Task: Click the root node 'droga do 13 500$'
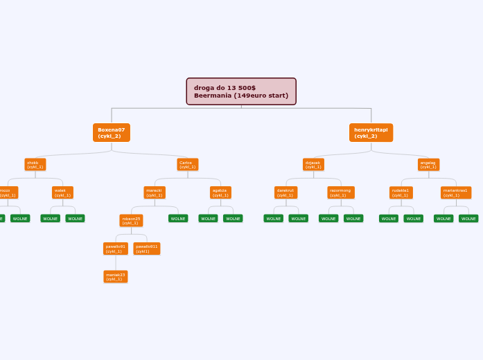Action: click(x=241, y=91)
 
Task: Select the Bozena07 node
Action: click(x=112, y=132)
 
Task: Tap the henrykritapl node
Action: click(x=371, y=132)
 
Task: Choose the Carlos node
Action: click(x=187, y=165)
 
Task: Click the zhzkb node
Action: click(x=35, y=165)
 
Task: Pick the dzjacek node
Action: click(x=313, y=165)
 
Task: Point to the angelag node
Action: click(x=428, y=165)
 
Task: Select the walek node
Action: click(x=62, y=192)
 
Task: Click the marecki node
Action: click(x=155, y=192)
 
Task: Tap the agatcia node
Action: click(x=220, y=192)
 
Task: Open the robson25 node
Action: click(x=132, y=221)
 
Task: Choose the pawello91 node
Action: click(x=116, y=249)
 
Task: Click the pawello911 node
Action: click(x=147, y=249)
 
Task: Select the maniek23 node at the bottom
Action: click(x=116, y=277)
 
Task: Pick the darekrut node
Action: click(x=286, y=192)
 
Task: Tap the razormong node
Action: click(x=341, y=192)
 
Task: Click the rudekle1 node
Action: click(x=401, y=192)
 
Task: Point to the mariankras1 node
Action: click(x=456, y=192)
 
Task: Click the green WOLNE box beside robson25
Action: click(x=178, y=219)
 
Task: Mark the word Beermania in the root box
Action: click(x=213, y=96)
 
